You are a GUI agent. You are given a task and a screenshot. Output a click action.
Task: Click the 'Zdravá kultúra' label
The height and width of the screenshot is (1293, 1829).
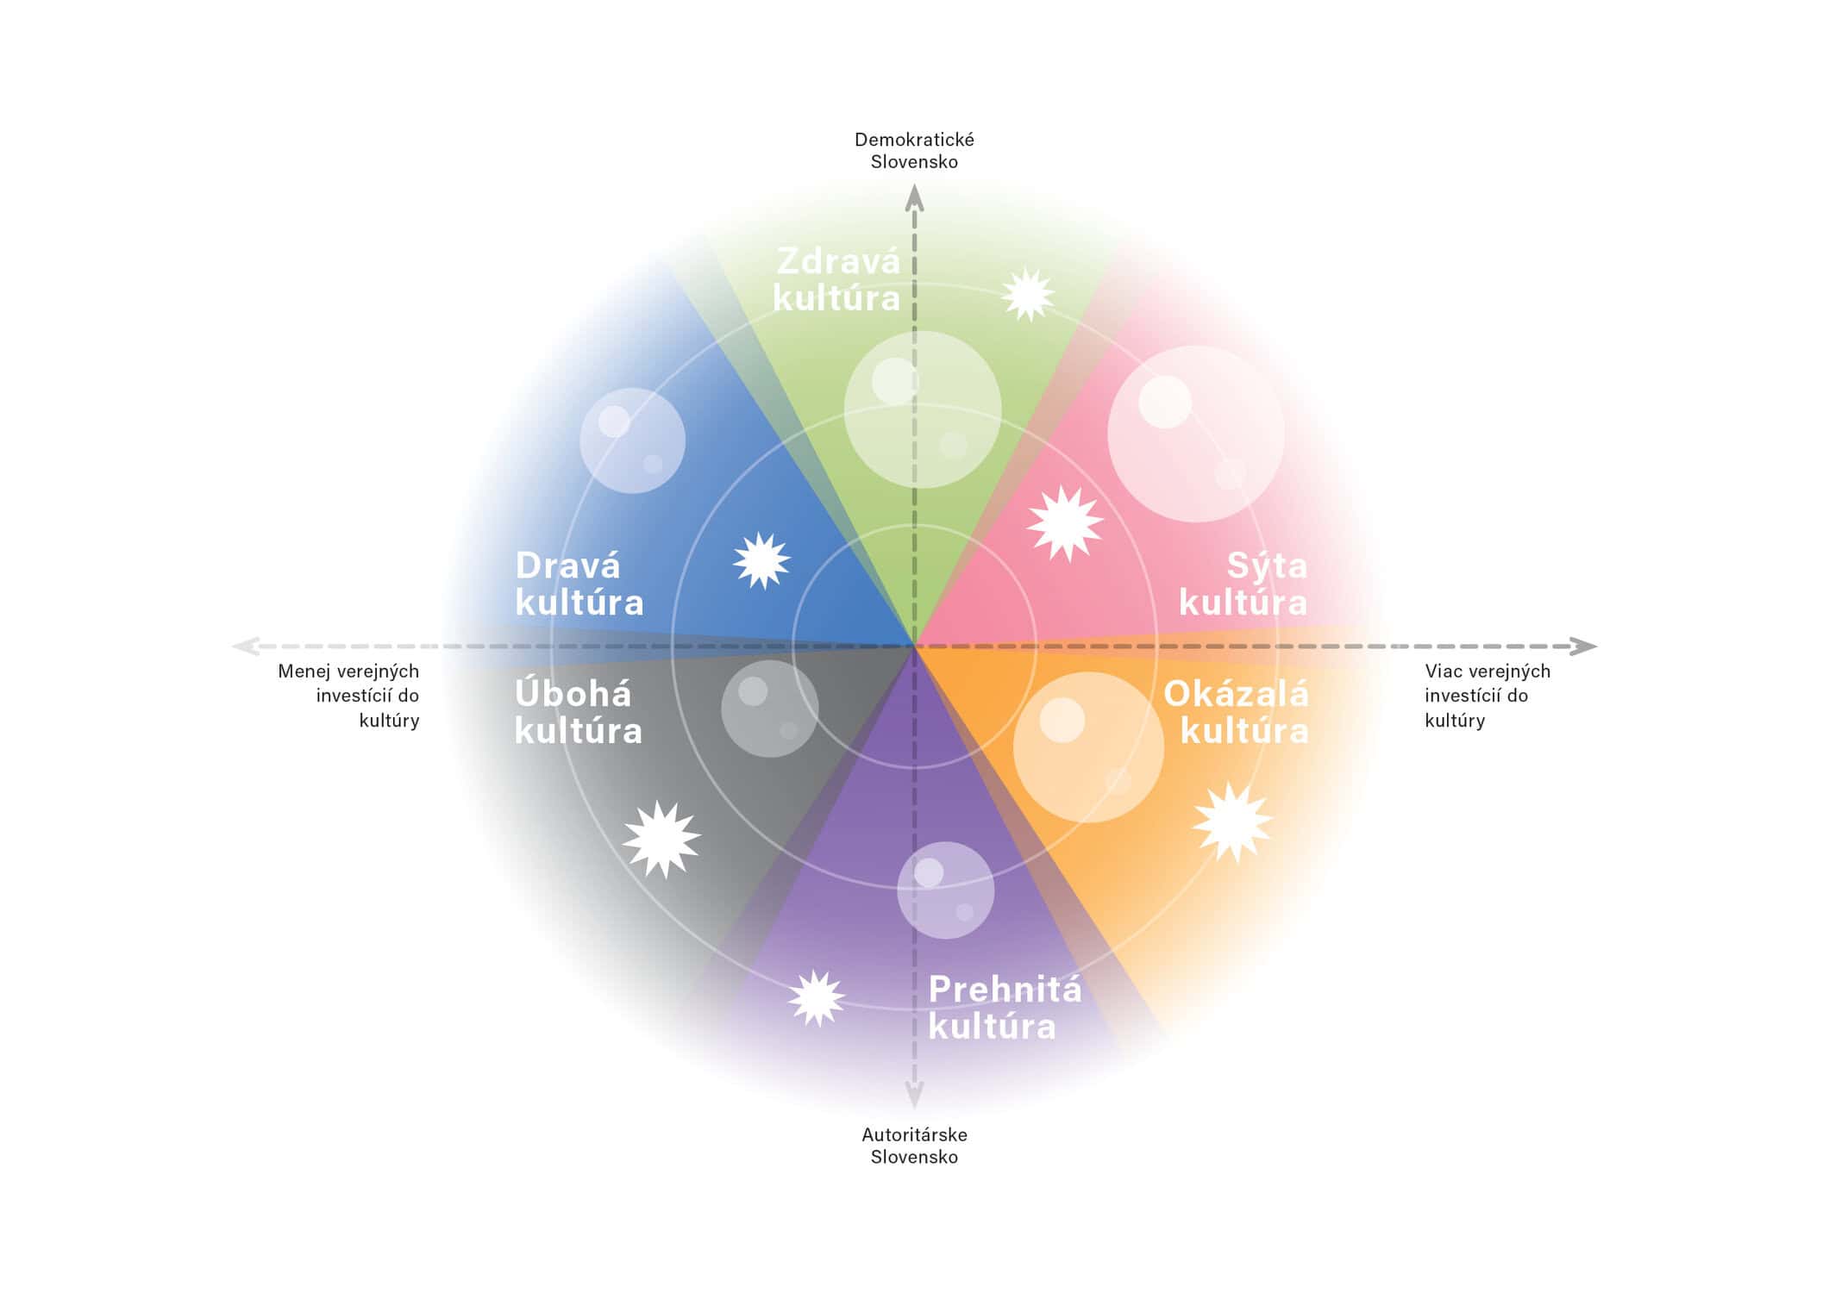click(836, 280)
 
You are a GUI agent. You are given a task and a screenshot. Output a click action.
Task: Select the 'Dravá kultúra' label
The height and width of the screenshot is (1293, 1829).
click(579, 584)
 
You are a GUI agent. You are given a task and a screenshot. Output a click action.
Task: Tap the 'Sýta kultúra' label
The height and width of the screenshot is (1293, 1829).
click(1243, 584)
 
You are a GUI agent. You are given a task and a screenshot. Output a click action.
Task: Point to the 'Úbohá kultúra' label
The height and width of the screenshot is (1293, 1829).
click(578, 713)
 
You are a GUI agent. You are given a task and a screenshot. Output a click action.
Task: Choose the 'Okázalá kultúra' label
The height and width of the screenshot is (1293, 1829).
click(1236, 713)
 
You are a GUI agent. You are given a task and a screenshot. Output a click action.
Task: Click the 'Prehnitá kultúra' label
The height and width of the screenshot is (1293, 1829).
click(1004, 1008)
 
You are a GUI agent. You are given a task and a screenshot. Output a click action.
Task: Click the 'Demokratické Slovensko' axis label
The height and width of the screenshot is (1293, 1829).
click(914, 151)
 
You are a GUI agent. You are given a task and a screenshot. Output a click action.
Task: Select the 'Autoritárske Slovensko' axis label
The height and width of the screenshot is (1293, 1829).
click(914, 1146)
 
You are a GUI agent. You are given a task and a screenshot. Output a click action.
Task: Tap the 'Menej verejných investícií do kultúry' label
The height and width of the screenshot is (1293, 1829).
click(348, 696)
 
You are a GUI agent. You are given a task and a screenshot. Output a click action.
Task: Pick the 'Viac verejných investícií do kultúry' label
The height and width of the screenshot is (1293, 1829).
click(1487, 696)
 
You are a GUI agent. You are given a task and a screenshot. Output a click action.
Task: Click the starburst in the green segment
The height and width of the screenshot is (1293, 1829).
click(1028, 295)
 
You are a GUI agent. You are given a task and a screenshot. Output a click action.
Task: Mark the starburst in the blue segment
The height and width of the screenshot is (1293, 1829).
click(761, 561)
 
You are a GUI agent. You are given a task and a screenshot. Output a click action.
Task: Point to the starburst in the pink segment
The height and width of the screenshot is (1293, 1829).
click(1066, 523)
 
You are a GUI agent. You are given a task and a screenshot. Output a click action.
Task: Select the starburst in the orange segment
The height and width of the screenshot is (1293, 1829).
click(1232, 822)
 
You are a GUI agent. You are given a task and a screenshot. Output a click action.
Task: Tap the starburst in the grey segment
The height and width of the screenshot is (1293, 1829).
click(661, 839)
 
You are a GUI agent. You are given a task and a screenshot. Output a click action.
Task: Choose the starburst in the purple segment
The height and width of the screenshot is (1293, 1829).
click(816, 998)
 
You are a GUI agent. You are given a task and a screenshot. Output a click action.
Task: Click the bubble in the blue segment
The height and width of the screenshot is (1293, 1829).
click(632, 440)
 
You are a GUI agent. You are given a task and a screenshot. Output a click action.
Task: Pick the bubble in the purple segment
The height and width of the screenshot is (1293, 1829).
click(945, 890)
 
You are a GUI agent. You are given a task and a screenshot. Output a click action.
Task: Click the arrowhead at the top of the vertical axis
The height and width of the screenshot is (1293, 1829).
click(914, 198)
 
